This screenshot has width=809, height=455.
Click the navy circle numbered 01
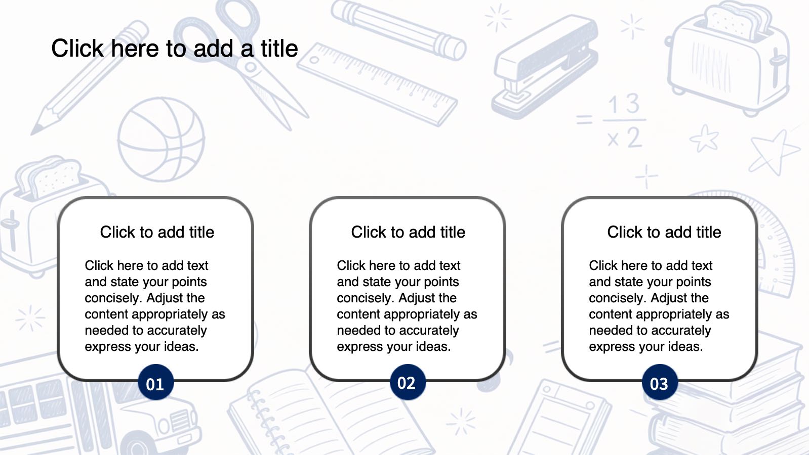(x=155, y=382)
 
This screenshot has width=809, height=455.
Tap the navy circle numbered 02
(x=408, y=382)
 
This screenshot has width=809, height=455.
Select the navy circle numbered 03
(x=660, y=382)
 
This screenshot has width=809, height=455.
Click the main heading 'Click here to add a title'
(x=175, y=49)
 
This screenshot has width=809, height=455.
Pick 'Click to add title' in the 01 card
(x=157, y=232)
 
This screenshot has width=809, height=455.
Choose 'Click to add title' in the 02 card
(x=408, y=232)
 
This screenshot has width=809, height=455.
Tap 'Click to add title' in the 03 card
(x=664, y=232)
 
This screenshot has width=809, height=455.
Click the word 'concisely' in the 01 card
(x=113, y=298)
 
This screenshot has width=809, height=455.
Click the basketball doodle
(x=161, y=139)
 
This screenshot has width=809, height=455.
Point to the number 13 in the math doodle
(x=624, y=104)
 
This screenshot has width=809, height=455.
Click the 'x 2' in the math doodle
(x=625, y=138)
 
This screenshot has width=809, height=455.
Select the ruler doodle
(x=377, y=85)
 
